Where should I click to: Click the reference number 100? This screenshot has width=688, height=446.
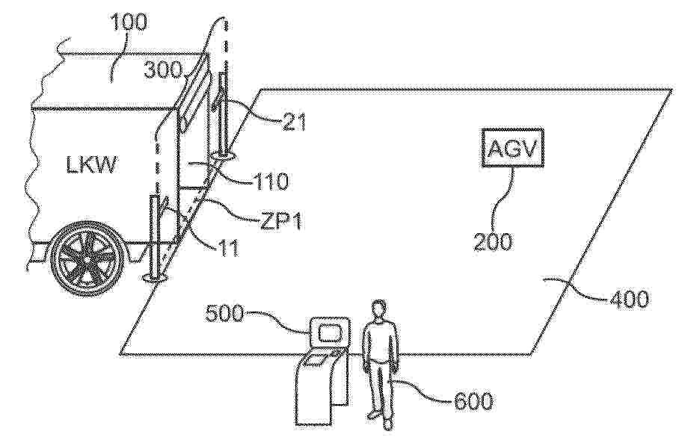pyautogui.click(x=129, y=22)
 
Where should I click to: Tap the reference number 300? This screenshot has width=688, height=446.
pyautogui.click(x=163, y=69)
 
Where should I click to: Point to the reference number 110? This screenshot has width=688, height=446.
pyautogui.click(x=271, y=181)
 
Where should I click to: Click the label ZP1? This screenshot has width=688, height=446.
pyautogui.click(x=281, y=220)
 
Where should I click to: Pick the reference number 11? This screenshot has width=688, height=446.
pyautogui.click(x=228, y=248)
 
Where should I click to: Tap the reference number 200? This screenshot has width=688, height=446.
pyautogui.click(x=492, y=241)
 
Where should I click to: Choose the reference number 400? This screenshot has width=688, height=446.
pyautogui.click(x=628, y=299)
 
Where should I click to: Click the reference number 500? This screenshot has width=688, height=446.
pyautogui.click(x=224, y=313)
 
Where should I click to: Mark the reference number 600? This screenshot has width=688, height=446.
pyautogui.click(x=473, y=400)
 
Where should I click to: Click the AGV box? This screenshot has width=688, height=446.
pyautogui.click(x=512, y=148)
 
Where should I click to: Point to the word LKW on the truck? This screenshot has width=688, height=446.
pyautogui.click(x=92, y=165)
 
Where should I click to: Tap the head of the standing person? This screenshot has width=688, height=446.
pyautogui.click(x=379, y=309)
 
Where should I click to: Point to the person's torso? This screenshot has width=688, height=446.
pyautogui.click(x=380, y=341)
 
